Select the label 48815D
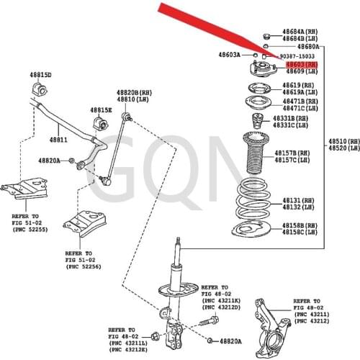[x=40, y=75]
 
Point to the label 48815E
[x=101, y=110]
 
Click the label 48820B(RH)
[x=135, y=92]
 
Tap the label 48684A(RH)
[x=300, y=32]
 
